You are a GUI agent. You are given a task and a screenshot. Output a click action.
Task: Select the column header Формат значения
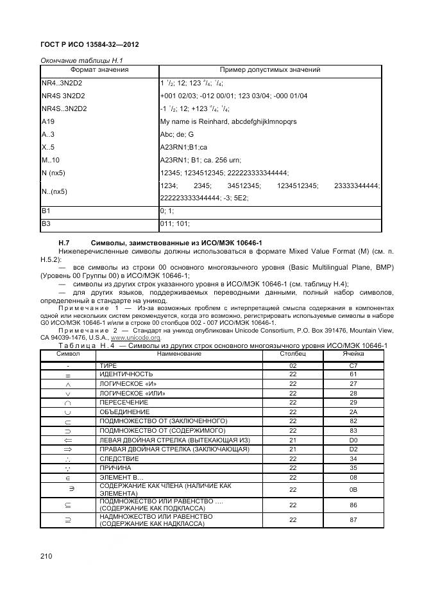click(x=99, y=70)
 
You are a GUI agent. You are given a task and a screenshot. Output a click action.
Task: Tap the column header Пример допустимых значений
click(x=270, y=70)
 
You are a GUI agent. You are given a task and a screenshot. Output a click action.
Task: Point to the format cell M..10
click(x=50, y=160)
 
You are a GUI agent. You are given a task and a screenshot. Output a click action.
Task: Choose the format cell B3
click(x=46, y=224)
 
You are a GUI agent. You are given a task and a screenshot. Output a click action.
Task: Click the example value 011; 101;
click(x=174, y=224)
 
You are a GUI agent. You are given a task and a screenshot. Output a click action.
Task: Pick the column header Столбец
click(x=293, y=354)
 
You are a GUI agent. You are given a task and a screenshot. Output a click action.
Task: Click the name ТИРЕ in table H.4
click(x=107, y=365)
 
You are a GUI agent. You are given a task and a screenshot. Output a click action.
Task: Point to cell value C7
click(x=353, y=365)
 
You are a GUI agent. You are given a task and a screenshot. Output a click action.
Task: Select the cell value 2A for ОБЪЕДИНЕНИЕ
click(x=353, y=412)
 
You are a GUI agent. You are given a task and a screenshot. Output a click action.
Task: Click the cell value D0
click(x=353, y=440)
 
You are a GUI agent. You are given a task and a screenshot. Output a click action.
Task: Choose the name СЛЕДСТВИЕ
click(x=119, y=458)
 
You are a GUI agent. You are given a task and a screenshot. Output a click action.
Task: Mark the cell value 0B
click(x=353, y=490)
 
